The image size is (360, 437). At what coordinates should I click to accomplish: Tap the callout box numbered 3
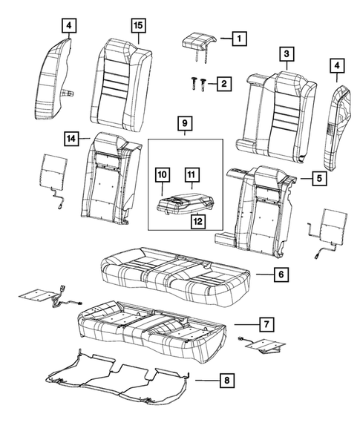pyautogui.click(x=286, y=53)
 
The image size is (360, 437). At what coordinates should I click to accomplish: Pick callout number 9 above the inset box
pyautogui.click(x=162, y=175)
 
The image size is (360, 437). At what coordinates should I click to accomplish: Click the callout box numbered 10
pyautogui.click(x=191, y=175)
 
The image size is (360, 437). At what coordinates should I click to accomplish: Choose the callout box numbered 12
pyautogui.click(x=68, y=27)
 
